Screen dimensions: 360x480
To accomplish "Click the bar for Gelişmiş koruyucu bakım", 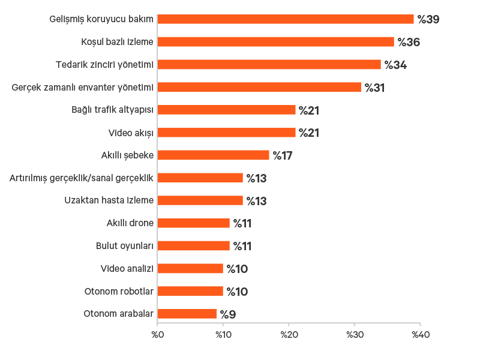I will (x=286, y=19).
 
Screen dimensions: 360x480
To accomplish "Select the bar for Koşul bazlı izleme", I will (x=276, y=42).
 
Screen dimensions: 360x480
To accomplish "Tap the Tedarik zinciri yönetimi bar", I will (x=269, y=65).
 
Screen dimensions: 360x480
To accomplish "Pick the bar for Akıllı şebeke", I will (x=214, y=155).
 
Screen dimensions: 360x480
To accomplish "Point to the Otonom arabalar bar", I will (x=187, y=314).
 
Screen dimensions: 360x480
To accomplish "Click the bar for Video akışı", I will (x=227, y=133).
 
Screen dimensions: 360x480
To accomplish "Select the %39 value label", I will (x=428, y=20).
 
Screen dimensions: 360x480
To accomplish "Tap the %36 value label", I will (x=409, y=43).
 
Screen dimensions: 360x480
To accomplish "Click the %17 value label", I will (x=282, y=156).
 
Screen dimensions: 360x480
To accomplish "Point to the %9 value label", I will (x=227, y=314).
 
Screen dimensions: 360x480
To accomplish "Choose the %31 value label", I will (x=374, y=88).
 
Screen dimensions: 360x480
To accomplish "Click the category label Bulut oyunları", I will (x=125, y=246).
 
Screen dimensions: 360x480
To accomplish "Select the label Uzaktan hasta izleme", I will (x=109, y=200).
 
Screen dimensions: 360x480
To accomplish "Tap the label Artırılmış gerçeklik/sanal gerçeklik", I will (x=82, y=178).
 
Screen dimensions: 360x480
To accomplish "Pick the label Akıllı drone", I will (x=130, y=223).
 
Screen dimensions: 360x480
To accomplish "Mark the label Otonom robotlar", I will (x=119, y=292).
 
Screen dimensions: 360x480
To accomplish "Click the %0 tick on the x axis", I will (x=157, y=334).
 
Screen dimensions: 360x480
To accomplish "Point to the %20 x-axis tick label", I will (x=289, y=334).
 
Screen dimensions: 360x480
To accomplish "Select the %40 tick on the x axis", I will (x=420, y=334).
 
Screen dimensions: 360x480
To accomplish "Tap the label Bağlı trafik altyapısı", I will (x=113, y=110).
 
